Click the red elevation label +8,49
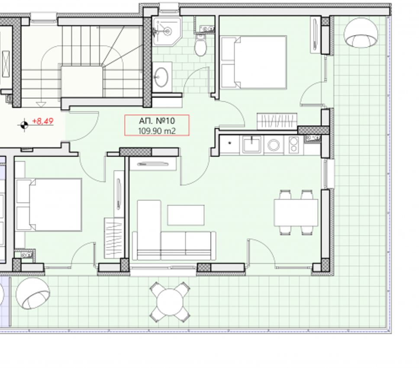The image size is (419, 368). pos(43,121)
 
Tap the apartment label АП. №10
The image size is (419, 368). pos(157,121)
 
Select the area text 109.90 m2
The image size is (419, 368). pos(157,131)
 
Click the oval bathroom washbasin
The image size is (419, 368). pos(161,77)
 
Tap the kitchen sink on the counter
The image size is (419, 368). pos(252,144)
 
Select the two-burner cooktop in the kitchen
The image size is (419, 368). pos(293,145)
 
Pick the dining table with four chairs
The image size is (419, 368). pos(296,213)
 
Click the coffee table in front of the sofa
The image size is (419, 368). pos(186,215)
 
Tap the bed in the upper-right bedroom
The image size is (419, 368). pos(254,62)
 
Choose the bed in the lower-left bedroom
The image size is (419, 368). pos(49,205)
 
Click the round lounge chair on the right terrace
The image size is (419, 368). pos(361,32)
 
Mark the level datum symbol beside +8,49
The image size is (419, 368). pos(24,125)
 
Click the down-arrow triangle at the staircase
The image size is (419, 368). pos(41,104)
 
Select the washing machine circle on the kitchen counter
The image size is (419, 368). pos(274,145)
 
